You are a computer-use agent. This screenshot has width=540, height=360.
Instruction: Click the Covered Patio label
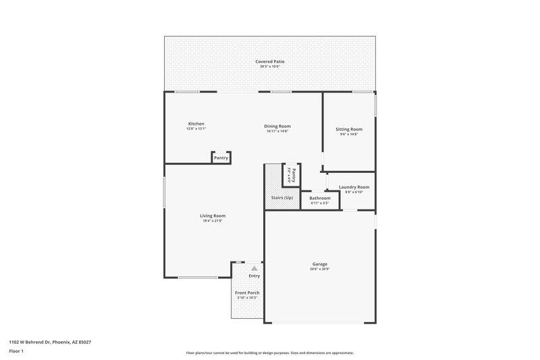point(269,61)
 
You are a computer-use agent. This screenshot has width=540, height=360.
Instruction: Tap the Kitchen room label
point(196,124)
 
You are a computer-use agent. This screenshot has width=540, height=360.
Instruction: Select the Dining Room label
point(277,126)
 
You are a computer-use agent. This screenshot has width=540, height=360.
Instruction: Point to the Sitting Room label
point(349,129)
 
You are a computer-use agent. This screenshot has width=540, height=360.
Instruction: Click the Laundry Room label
point(354,187)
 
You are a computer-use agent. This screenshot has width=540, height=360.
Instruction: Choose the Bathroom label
point(320,198)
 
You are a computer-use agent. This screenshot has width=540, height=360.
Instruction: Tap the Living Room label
point(212,216)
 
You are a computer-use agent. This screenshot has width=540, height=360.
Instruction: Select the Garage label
point(320,264)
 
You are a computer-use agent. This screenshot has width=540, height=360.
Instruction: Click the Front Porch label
point(247,292)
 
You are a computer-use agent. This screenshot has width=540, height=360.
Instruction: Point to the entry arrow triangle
point(254,268)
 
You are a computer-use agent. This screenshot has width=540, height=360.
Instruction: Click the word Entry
point(254,276)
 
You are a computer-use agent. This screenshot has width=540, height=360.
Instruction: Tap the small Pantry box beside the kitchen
point(221,158)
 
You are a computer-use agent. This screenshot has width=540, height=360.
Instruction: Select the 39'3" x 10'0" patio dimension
point(269,67)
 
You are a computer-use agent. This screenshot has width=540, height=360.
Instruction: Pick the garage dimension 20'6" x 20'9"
point(320,269)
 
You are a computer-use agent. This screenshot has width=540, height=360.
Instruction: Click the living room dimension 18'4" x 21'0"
point(212,221)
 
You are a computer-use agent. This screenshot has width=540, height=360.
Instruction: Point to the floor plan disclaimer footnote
point(269,353)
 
